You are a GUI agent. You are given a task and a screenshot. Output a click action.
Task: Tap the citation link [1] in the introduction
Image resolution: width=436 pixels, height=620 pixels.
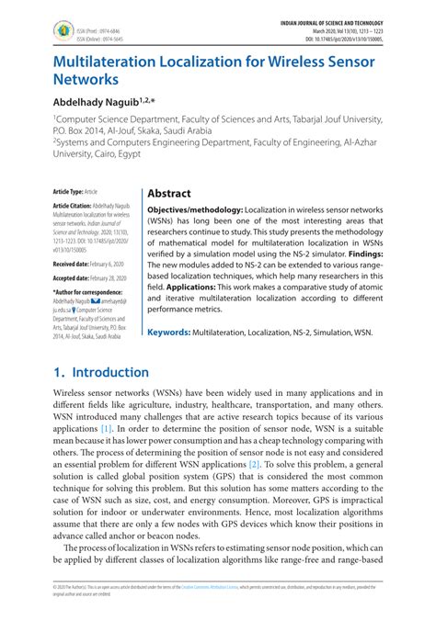(x=107, y=428)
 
